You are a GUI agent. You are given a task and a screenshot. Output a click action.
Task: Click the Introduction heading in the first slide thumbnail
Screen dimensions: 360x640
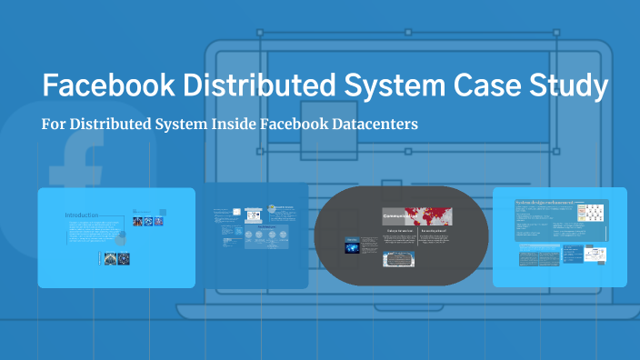81,215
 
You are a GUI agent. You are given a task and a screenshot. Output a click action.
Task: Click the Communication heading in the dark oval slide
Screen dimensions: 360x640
399,216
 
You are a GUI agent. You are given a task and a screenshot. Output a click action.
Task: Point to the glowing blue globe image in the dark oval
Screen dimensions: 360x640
352,245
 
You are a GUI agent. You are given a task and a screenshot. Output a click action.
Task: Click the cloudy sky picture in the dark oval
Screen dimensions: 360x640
400,260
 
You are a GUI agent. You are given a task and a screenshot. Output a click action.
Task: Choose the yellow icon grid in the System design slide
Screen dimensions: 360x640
592,214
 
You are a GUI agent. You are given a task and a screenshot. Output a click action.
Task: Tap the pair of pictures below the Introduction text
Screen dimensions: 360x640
113,258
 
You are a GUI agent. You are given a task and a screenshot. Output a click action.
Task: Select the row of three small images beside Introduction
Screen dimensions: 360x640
145,221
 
